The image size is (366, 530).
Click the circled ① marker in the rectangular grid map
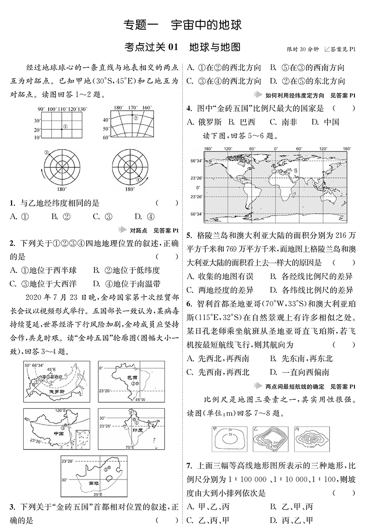pos(65,126)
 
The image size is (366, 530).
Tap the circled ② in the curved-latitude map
pos(136,118)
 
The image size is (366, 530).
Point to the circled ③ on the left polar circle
pos(46,152)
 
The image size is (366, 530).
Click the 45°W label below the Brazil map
pos(140,399)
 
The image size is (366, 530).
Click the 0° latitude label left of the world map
pos(198,188)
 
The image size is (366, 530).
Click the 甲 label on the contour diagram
pos(214,429)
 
